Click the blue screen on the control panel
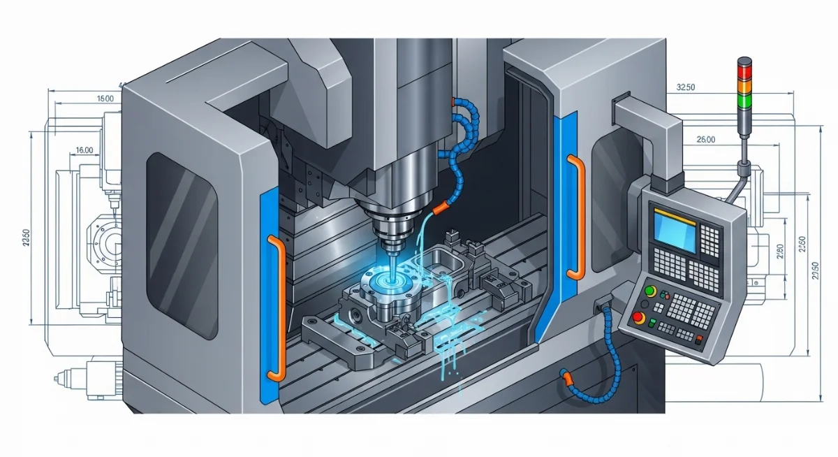674,232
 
